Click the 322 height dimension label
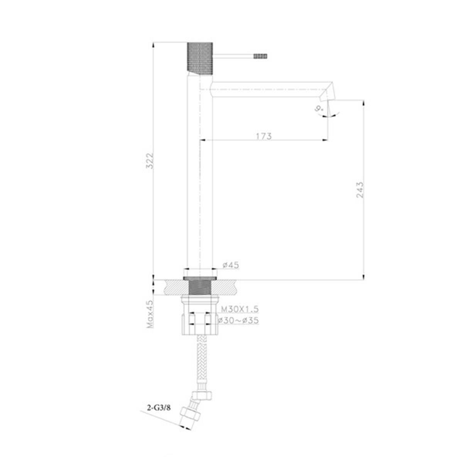(150, 161)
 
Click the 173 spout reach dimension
(264, 136)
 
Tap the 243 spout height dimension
(359, 190)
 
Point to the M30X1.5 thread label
(239, 309)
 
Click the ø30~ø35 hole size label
(238, 320)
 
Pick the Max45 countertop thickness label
(150, 314)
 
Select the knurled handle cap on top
(199, 56)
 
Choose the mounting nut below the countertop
(199, 316)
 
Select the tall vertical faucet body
(199, 174)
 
